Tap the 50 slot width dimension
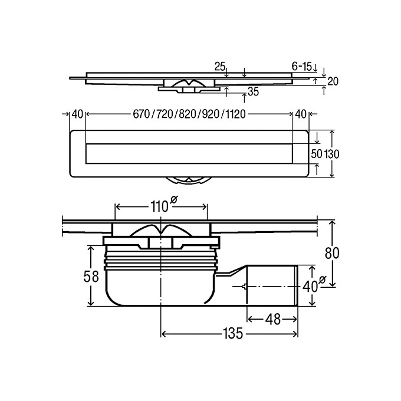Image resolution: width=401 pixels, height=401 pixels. (x=316, y=153)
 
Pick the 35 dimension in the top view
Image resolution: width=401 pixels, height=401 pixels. (x=253, y=91)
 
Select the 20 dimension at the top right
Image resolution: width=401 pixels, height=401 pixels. (x=333, y=81)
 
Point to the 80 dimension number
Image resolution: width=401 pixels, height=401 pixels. (x=334, y=253)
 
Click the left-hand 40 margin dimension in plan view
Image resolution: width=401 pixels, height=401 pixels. (x=77, y=114)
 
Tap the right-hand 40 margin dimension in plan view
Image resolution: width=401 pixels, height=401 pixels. (x=301, y=114)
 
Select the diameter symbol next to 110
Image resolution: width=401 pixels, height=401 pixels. (x=174, y=202)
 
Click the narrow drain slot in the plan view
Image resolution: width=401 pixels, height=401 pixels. (x=189, y=153)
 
